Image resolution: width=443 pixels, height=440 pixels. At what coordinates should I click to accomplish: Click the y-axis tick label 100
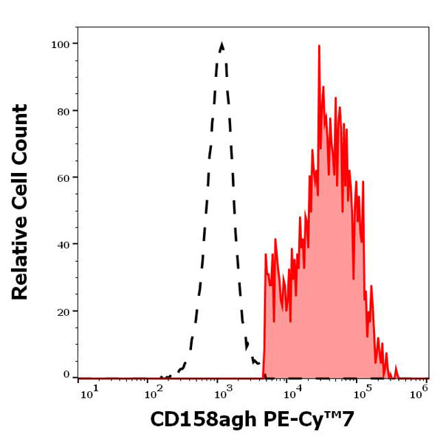click(x=60, y=44)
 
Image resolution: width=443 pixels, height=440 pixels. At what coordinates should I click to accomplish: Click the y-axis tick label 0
click(x=66, y=375)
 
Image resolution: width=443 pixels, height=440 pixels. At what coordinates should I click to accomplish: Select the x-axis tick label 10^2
click(x=154, y=390)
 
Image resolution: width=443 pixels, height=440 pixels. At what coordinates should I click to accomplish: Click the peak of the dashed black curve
click(x=221, y=44)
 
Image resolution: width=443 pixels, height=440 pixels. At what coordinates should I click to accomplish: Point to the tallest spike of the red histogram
click(x=319, y=46)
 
